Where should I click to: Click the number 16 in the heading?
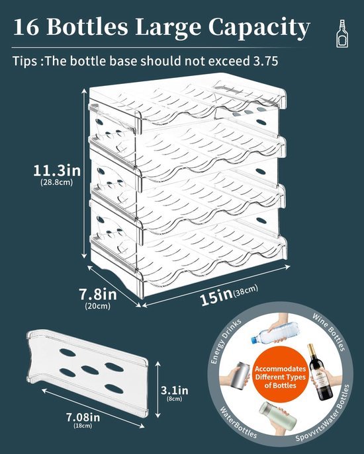pyautogui.click(x=26, y=27)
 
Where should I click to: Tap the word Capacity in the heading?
pyautogui.click(x=259, y=28)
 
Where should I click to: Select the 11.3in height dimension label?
pyautogui.click(x=57, y=171)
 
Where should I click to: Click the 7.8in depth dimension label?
pyautogui.click(x=98, y=295)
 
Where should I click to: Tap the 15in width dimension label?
pyautogui.click(x=216, y=299)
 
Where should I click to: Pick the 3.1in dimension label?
pyautogui.click(x=175, y=391)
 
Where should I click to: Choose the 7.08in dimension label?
pyautogui.click(x=83, y=417)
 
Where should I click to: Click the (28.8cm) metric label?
pyautogui.click(x=57, y=182)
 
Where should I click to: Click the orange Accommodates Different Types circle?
pyautogui.click(x=280, y=377)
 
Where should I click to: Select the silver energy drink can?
pyautogui.click(x=240, y=375)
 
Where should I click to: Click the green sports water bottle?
pyautogui.click(x=277, y=416)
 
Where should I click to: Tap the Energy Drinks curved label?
pyautogui.click(x=225, y=341)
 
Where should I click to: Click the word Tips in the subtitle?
pyautogui.click(x=24, y=61)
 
